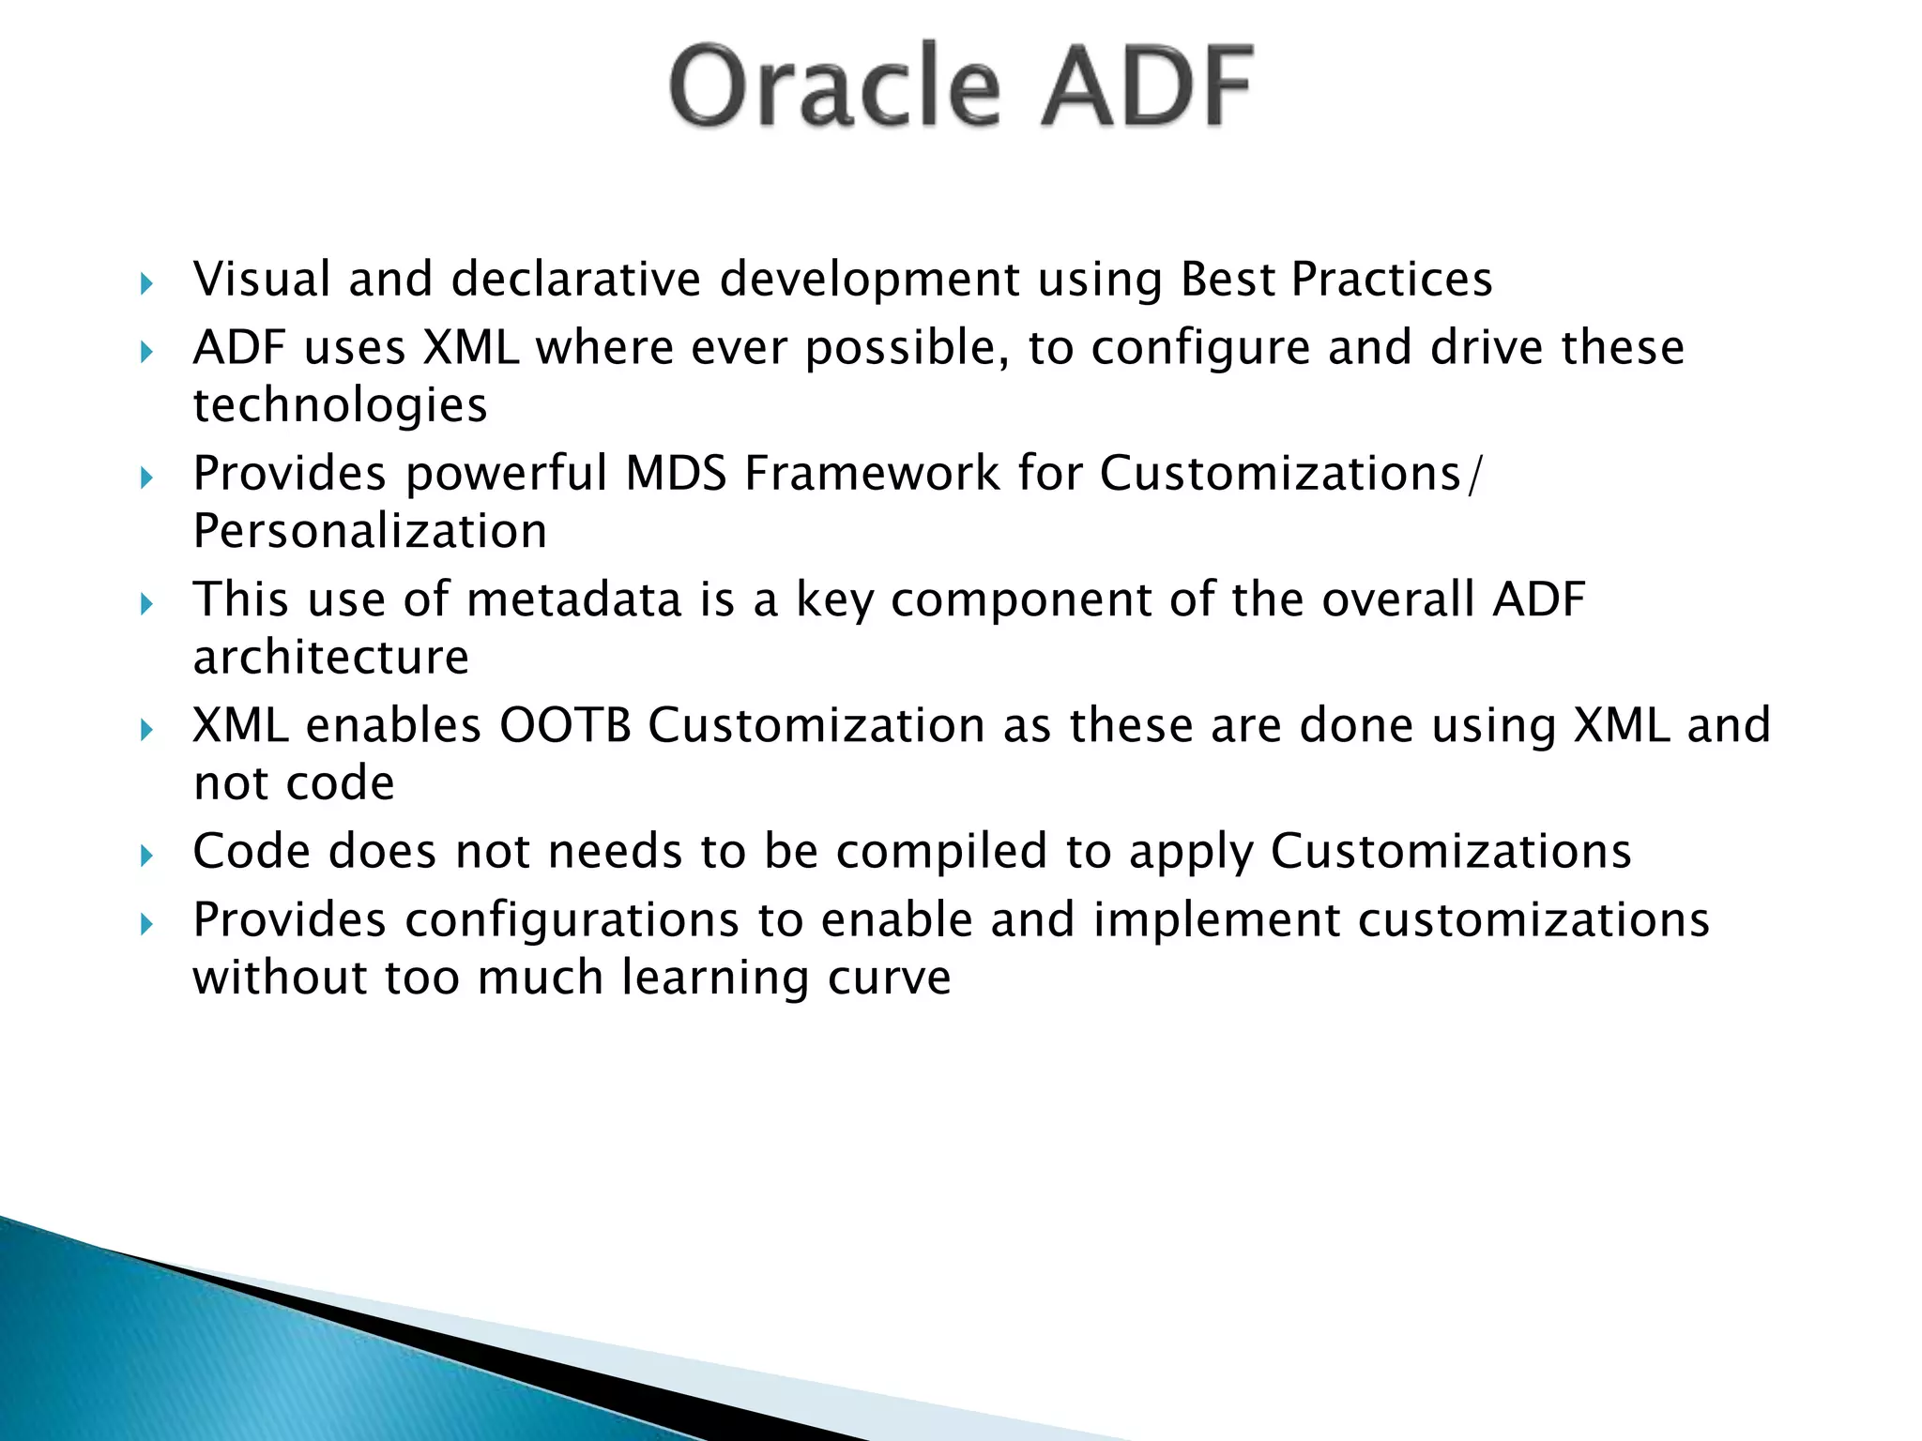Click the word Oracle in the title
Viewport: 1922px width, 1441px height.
[x=834, y=86]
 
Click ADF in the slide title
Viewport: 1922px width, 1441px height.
[x=1147, y=86]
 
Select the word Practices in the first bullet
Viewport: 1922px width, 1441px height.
[x=1392, y=280]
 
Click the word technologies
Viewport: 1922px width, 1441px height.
[x=340, y=406]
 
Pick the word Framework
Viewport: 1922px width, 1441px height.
[x=873, y=473]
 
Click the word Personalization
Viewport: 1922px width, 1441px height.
[x=370, y=532]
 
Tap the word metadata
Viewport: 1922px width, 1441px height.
[x=573, y=599]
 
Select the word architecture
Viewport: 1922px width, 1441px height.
[x=330, y=657]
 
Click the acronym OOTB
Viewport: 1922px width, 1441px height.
[x=565, y=725]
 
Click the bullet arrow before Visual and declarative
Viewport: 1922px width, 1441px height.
[x=146, y=283]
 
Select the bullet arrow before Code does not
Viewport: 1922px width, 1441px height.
[x=146, y=855]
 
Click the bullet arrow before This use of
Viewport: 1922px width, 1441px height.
[x=146, y=603]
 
